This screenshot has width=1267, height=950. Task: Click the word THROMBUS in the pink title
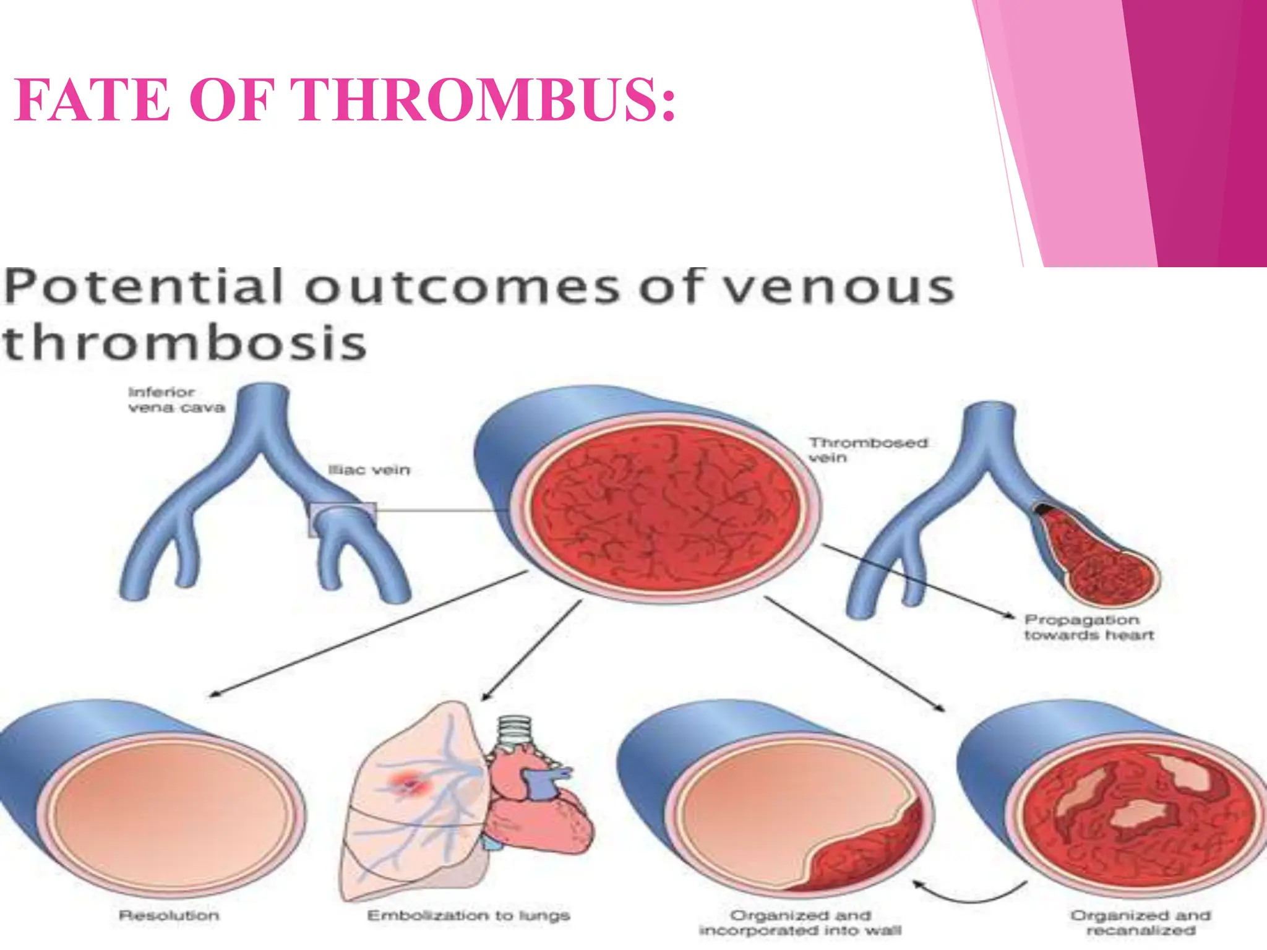(486, 100)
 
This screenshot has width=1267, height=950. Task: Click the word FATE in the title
(93, 100)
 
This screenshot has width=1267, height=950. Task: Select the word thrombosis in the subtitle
(184, 344)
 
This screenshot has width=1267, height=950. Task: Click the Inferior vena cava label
(176, 400)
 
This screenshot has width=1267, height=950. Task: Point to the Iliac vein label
(369, 470)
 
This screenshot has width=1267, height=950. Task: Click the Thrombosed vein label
(867, 450)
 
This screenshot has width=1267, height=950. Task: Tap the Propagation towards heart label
(1089, 627)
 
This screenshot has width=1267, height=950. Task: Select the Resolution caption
(169, 915)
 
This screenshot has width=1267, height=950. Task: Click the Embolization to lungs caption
(468, 915)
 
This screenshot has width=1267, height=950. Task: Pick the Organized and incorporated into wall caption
(800, 923)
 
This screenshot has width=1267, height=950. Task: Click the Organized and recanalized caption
(1140, 923)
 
